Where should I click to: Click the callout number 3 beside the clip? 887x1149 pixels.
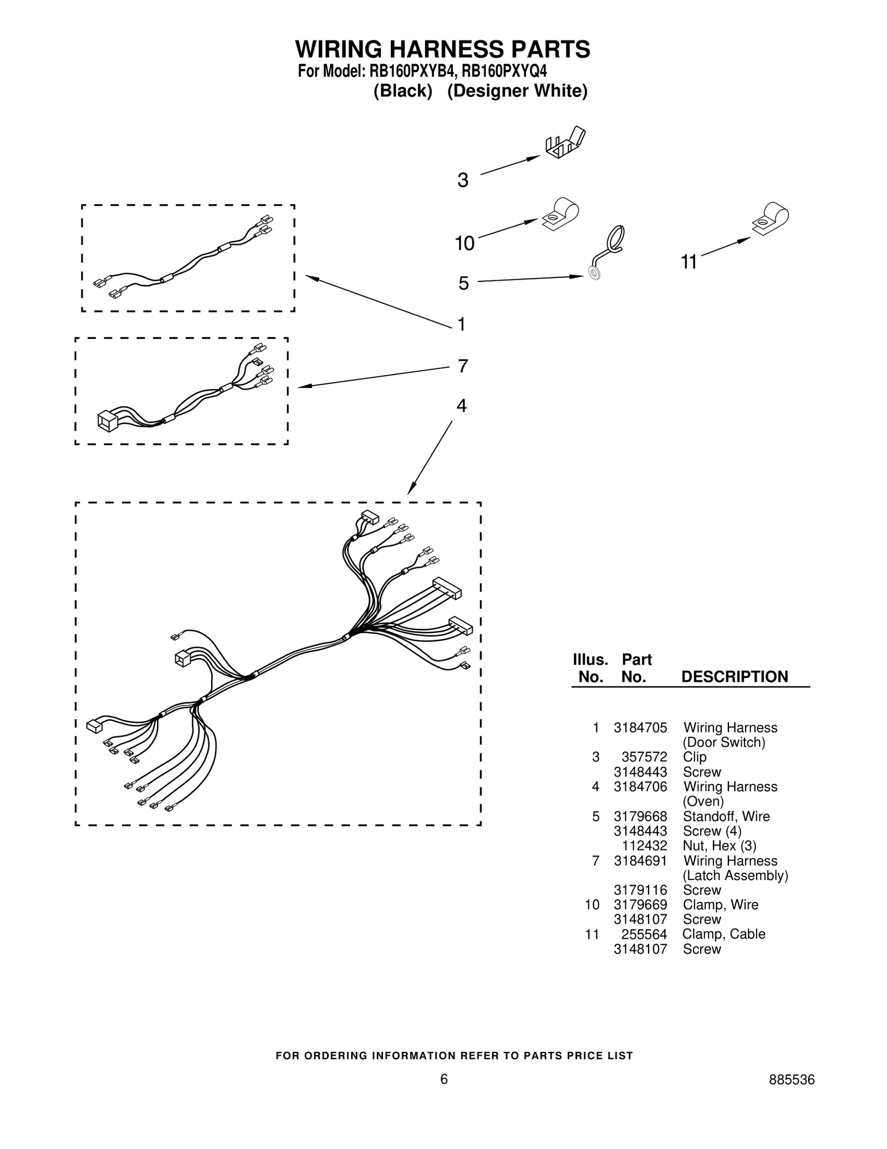463,180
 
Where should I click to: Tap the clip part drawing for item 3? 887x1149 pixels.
565,143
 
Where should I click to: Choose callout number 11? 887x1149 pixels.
689,262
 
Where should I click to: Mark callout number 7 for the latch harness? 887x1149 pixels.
462,366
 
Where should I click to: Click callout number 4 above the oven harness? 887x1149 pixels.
461,406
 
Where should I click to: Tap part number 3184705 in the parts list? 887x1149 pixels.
640,727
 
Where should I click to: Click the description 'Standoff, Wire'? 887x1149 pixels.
726,816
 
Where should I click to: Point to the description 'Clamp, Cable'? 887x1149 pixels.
723,934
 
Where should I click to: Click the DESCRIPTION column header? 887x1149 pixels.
734,677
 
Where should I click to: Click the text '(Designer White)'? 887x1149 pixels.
517,90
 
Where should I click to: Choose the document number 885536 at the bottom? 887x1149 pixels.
791,1080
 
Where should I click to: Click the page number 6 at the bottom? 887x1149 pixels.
443,1079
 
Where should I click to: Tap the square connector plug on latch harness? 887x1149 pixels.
107,421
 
